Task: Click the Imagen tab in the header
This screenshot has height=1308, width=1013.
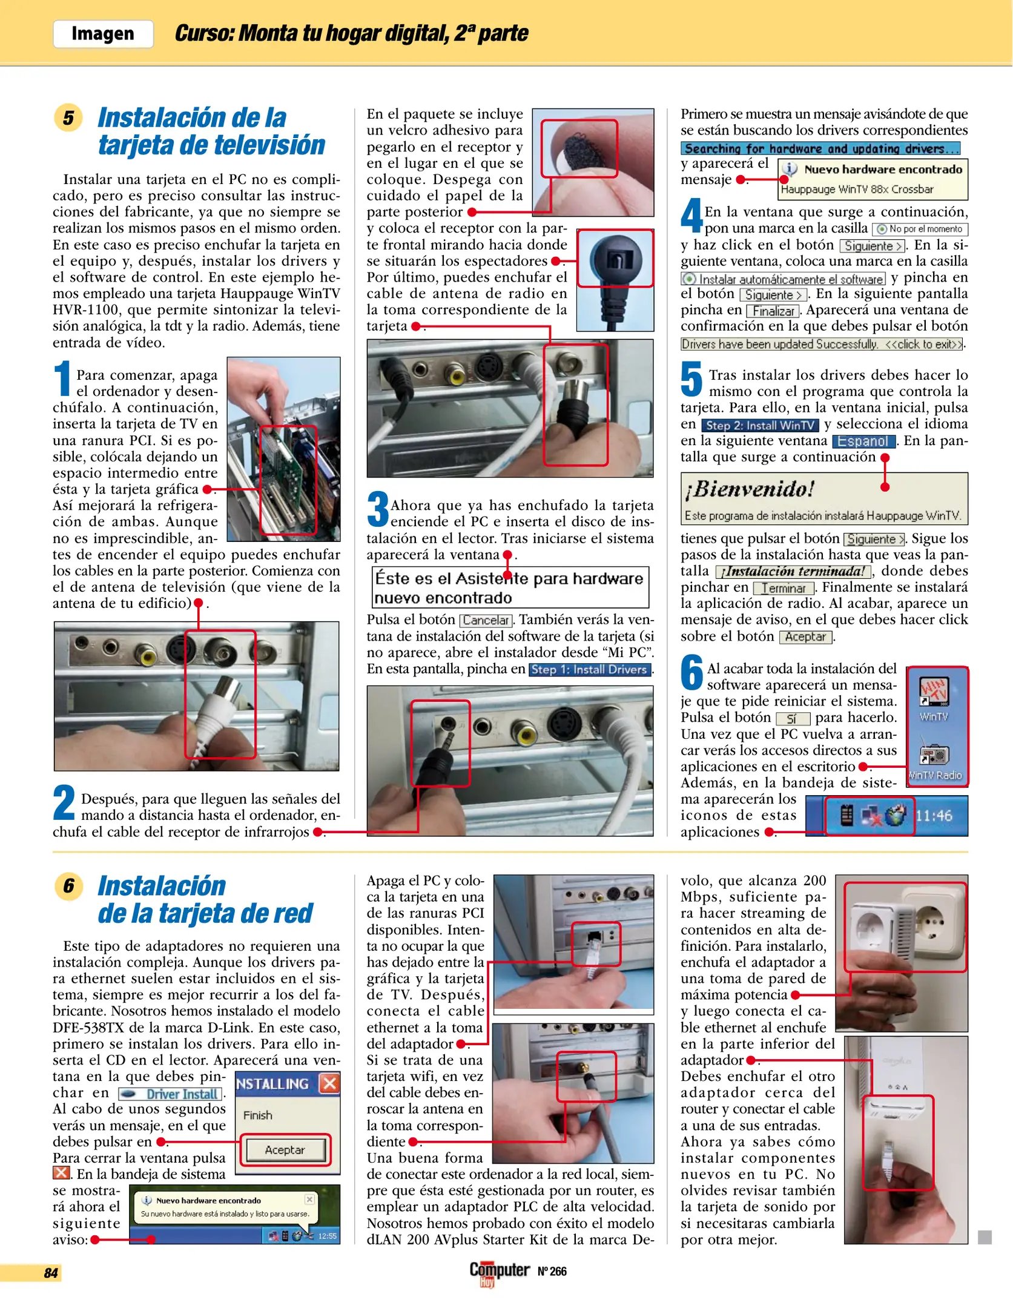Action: click(103, 34)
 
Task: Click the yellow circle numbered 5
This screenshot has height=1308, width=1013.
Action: click(68, 117)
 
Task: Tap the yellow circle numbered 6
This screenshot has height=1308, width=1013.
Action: click(68, 886)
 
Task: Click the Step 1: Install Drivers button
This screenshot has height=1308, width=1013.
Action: click(590, 669)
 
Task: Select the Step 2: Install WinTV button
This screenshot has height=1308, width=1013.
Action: click(760, 425)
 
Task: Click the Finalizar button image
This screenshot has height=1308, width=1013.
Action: click(773, 311)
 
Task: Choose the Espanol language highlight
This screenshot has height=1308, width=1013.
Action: click(863, 441)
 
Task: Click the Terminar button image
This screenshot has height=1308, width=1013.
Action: click(784, 588)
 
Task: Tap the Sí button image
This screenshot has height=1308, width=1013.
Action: click(793, 718)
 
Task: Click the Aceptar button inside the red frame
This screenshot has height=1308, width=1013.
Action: click(285, 1149)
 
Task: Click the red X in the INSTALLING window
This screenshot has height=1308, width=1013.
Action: click(329, 1083)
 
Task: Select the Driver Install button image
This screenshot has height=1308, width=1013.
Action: click(171, 1094)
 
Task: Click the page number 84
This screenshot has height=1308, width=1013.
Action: click(51, 1273)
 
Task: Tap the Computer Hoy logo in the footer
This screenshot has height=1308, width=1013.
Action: click(499, 1272)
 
